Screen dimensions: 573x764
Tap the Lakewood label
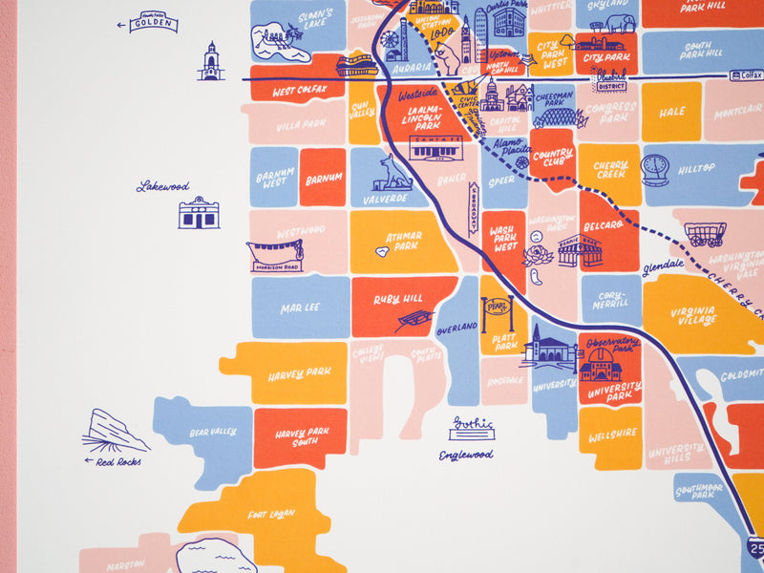[163, 186]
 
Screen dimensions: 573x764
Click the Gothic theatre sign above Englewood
[471, 429]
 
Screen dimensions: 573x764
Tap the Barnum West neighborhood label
[273, 177]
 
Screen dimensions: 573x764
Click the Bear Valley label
[212, 433]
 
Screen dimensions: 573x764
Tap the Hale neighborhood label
[671, 112]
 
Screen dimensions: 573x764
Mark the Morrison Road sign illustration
[275, 255]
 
